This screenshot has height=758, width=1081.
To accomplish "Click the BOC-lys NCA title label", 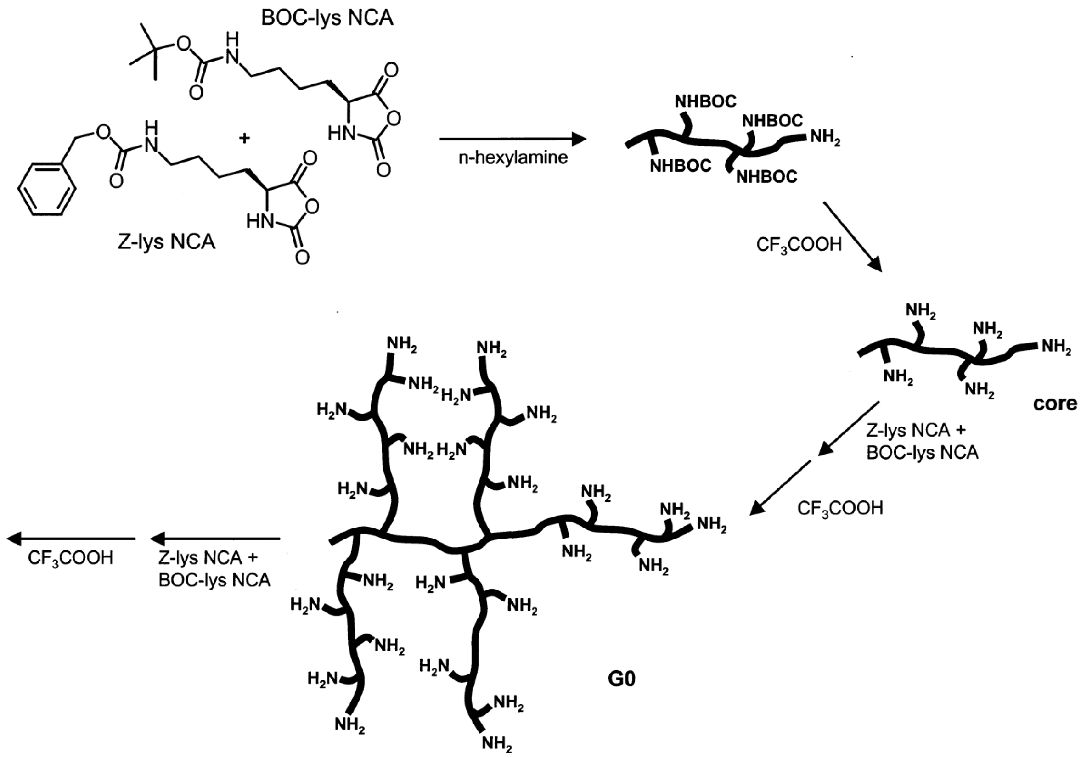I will click(x=327, y=18).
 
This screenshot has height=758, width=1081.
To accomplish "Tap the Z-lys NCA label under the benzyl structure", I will click(x=166, y=241).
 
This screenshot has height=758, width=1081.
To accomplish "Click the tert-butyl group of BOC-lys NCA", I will click(x=150, y=50).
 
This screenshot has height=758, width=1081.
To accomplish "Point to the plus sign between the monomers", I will click(x=244, y=138).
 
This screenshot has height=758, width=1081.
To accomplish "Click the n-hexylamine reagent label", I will click(x=513, y=157).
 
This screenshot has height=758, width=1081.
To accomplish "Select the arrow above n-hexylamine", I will click(x=513, y=139).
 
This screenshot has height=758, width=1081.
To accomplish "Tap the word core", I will click(x=1055, y=403).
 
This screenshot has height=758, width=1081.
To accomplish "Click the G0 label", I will click(x=621, y=679).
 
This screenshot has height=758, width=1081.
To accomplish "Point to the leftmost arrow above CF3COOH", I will click(x=71, y=539).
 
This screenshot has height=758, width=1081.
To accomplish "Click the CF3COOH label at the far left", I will click(x=71, y=558).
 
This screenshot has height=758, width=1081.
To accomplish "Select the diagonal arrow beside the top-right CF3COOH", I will click(x=852, y=237).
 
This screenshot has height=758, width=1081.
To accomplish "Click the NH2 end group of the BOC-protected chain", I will click(x=825, y=138).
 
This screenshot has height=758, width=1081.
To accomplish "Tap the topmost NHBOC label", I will click(x=705, y=101).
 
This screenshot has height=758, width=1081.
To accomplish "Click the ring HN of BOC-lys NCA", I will click(x=341, y=134).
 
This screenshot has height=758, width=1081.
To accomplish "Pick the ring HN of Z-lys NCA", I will click(x=260, y=221).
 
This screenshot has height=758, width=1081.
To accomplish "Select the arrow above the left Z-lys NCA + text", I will click(x=215, y=539).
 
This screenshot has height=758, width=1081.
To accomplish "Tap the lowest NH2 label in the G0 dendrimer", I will click(x=497, y=744).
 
